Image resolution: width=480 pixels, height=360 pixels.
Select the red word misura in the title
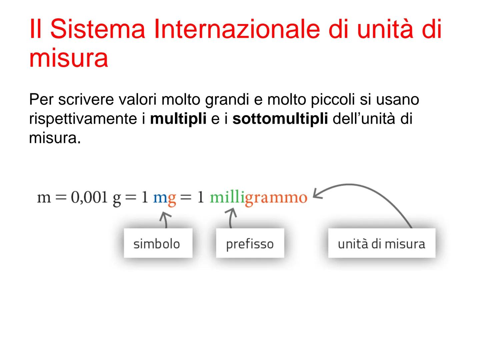click(69, 58)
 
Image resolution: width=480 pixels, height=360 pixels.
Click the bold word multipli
click(178, 119)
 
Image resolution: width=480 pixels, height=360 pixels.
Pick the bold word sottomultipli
click(280, 119)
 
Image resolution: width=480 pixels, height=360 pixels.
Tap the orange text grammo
click(276, 198)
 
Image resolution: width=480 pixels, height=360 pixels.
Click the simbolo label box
click(158, 243)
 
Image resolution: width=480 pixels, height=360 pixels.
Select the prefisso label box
click(250, 243)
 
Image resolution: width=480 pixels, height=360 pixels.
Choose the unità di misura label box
click(381, 243)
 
